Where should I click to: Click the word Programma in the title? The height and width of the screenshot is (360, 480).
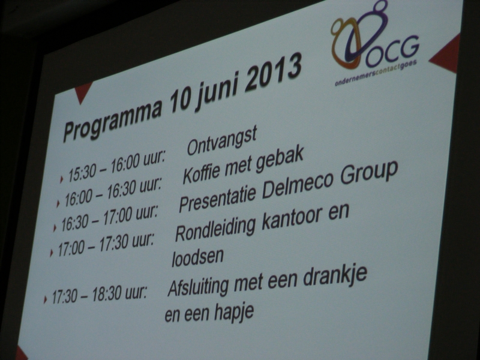click(113, 118)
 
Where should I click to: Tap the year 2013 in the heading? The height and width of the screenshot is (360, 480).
click(274, 73)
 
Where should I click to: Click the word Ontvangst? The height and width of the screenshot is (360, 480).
click(222, 142)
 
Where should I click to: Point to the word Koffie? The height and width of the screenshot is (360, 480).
click(202, 172)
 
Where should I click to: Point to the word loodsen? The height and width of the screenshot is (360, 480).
click(197, 257)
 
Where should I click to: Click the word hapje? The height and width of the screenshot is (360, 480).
click(234, 312)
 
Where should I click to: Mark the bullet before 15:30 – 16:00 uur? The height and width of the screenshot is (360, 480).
click(62, 179)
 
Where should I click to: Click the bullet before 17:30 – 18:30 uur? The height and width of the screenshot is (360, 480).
click(46, 299)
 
